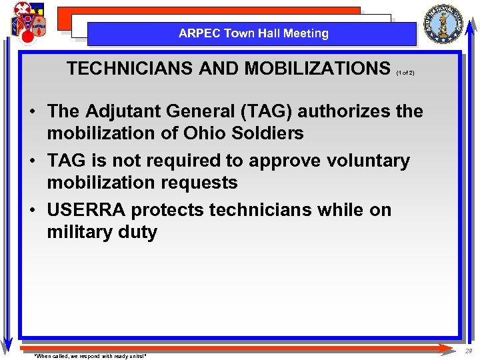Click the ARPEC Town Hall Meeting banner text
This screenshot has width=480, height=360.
(253, 33)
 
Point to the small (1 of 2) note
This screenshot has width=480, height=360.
(405, 73)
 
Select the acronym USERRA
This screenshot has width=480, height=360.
(86, 210)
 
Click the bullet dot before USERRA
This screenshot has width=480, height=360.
(33, 211)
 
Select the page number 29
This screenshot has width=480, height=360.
(469, 351)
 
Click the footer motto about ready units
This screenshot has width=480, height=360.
(90, 356)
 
